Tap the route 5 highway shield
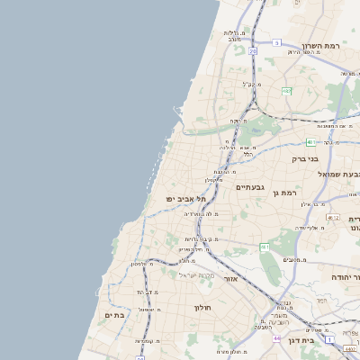tap(277, 42)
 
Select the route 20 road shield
tap(253, 51)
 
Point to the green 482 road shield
tap(286, 91)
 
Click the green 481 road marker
tap(310, 142)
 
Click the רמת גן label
tap(288, 193)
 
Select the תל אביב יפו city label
tap(186, 198)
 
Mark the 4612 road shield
tap(334, 217)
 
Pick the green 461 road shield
tap(264, 247)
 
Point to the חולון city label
tap(202, 308)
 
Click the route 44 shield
tap(276, 338)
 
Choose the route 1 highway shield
tap(330, 339)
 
